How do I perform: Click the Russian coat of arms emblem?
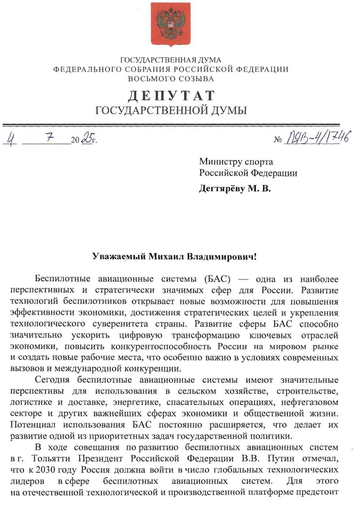click(170, 24)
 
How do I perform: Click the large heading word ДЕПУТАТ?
click(171, 96)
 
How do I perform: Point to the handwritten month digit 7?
click(49, 138)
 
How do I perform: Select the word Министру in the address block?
click(217, 161)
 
